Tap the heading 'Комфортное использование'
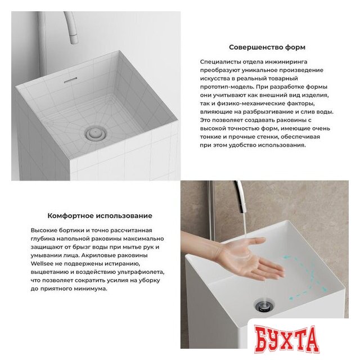100,215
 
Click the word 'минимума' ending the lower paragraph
89,288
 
